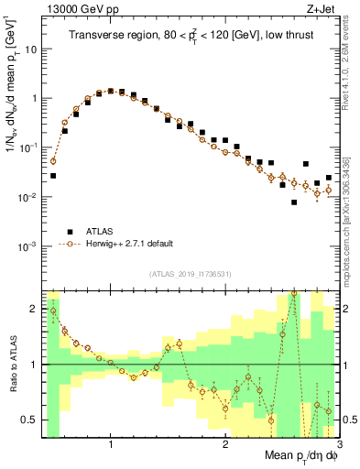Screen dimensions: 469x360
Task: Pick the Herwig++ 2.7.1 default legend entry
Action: [x=128, y=245]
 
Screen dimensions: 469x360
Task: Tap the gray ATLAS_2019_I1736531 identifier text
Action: [x=191, y=274]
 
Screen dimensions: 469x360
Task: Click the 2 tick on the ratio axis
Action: [x=35, y=309]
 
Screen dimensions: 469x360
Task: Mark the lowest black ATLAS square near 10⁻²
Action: [x=294, y=202]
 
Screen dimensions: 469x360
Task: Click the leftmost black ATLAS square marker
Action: [x=53, y=175]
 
